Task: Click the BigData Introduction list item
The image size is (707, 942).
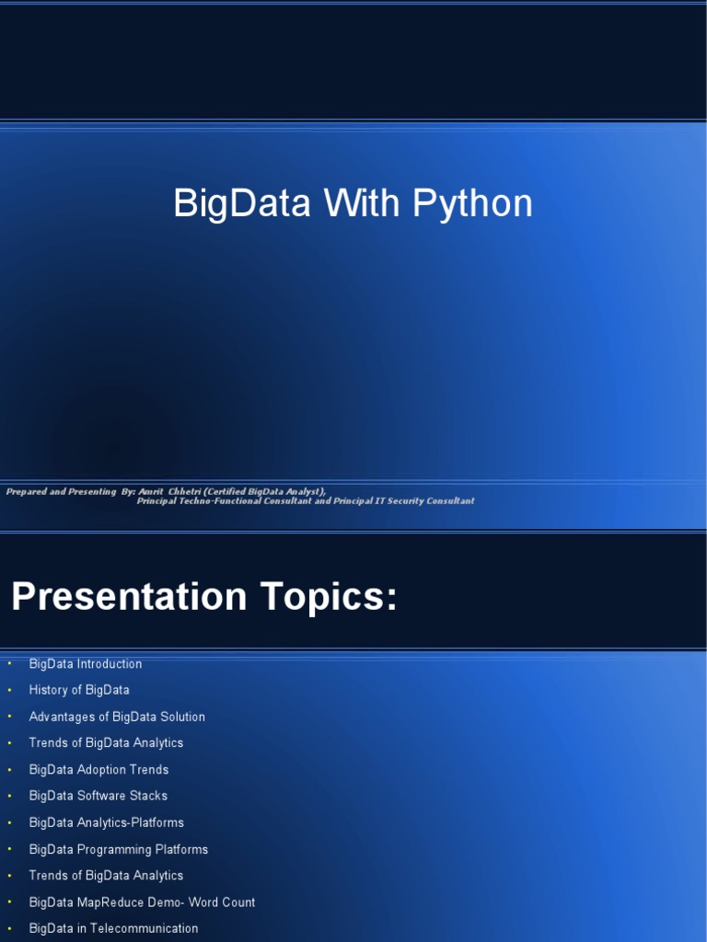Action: pos(86,664)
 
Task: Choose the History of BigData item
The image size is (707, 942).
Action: pos(79,690)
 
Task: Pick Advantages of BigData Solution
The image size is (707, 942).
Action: pos(117,717)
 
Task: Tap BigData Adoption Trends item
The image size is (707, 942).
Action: pos(99,770)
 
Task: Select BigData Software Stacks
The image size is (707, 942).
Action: pos(99,796)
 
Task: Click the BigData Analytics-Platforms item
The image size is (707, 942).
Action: pos(107,822)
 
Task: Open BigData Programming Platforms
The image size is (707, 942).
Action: pos(119,849)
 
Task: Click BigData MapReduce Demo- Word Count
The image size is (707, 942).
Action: pos(142,902)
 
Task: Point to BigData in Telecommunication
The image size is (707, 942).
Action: pos(113,928)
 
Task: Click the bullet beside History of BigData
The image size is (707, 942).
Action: pos(9,690)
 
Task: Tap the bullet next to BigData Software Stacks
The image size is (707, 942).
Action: pos(9,796)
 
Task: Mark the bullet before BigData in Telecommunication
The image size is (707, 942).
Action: pos(9,928)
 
